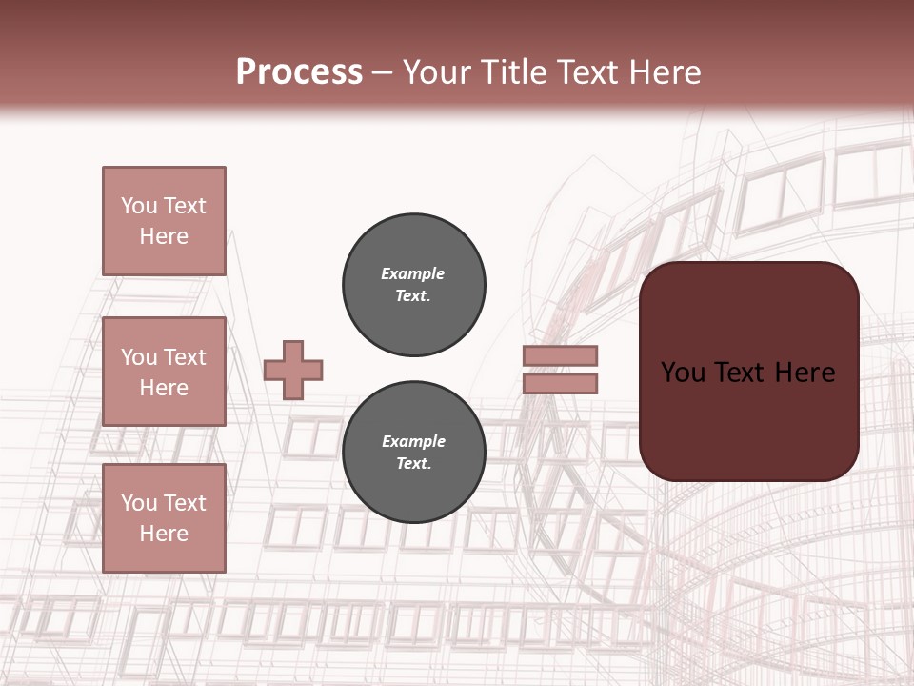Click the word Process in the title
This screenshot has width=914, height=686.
click(x=299, y=72)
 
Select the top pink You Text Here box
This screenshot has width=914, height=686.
click(x=164, y=221)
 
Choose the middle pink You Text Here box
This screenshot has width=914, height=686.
click(x=164, y=372)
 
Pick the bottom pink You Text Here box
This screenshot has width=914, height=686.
click(x=164, y=518)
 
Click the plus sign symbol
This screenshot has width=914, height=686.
click(x=293, y=370)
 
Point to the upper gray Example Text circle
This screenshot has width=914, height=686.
click(x=414, y=285)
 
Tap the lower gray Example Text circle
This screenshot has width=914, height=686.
click(x=414, y=453)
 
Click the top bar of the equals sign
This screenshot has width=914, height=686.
click(x=560, y=355)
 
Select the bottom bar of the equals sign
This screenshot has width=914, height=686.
click(x=560, y=384)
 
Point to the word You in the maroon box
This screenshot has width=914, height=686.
click(x=683, y=373)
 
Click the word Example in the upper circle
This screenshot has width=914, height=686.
click(x=412, y=273)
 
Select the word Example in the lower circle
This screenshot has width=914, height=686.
click(x=413, y=441)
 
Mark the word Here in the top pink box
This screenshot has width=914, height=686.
click(x=164, y=236)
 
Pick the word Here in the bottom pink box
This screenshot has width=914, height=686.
click(x=164, y=534)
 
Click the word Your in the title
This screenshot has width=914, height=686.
click(x=436, y=72)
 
